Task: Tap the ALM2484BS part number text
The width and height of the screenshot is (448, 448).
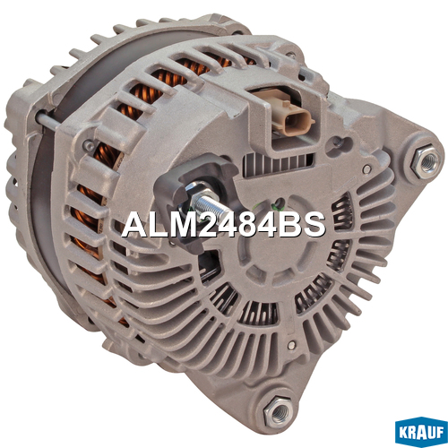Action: (x=223, y=225)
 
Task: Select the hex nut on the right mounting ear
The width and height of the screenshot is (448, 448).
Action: (x=426, y=161)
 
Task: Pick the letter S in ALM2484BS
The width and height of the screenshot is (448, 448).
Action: (x=313, y=225)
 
